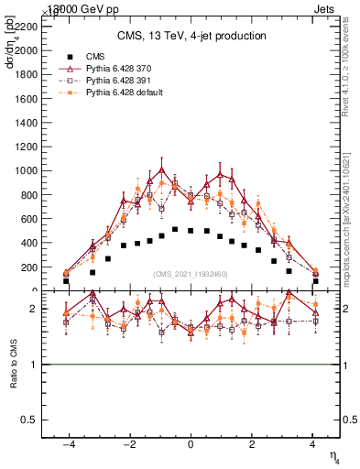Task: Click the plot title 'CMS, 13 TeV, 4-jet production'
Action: click(x=191, y=36)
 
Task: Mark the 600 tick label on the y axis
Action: click(x=29, y=219)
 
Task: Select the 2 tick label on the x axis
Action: click(x=252, y=444)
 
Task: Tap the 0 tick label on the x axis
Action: click(x=191, y=444)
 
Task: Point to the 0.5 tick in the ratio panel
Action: click(x=29, y=419)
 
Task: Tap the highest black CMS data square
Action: click(x=175, y=229)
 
